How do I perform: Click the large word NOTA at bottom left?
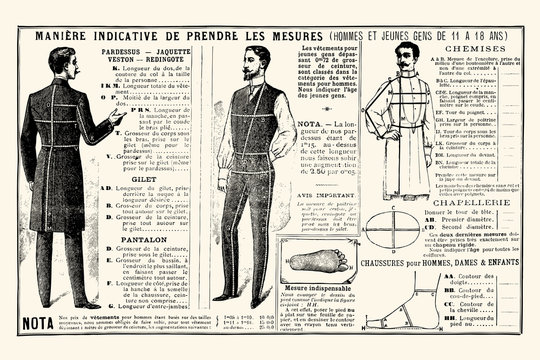pyautogui.click(x=39, y=323)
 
